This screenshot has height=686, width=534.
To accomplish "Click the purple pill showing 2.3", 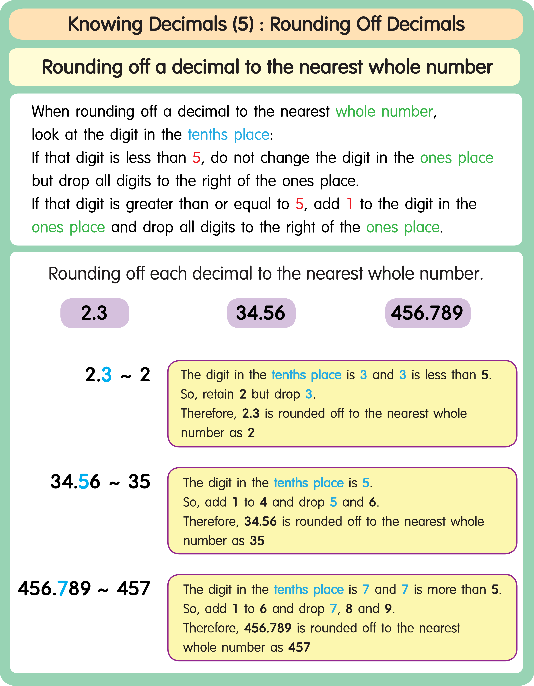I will [95, 313].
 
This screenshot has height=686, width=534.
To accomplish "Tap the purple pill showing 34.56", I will [261, 313].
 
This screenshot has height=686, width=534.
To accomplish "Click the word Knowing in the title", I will [105, 25].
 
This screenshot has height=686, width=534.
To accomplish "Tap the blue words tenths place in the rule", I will [229, 135].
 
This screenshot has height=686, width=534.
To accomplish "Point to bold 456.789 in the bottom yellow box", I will [268, 628].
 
